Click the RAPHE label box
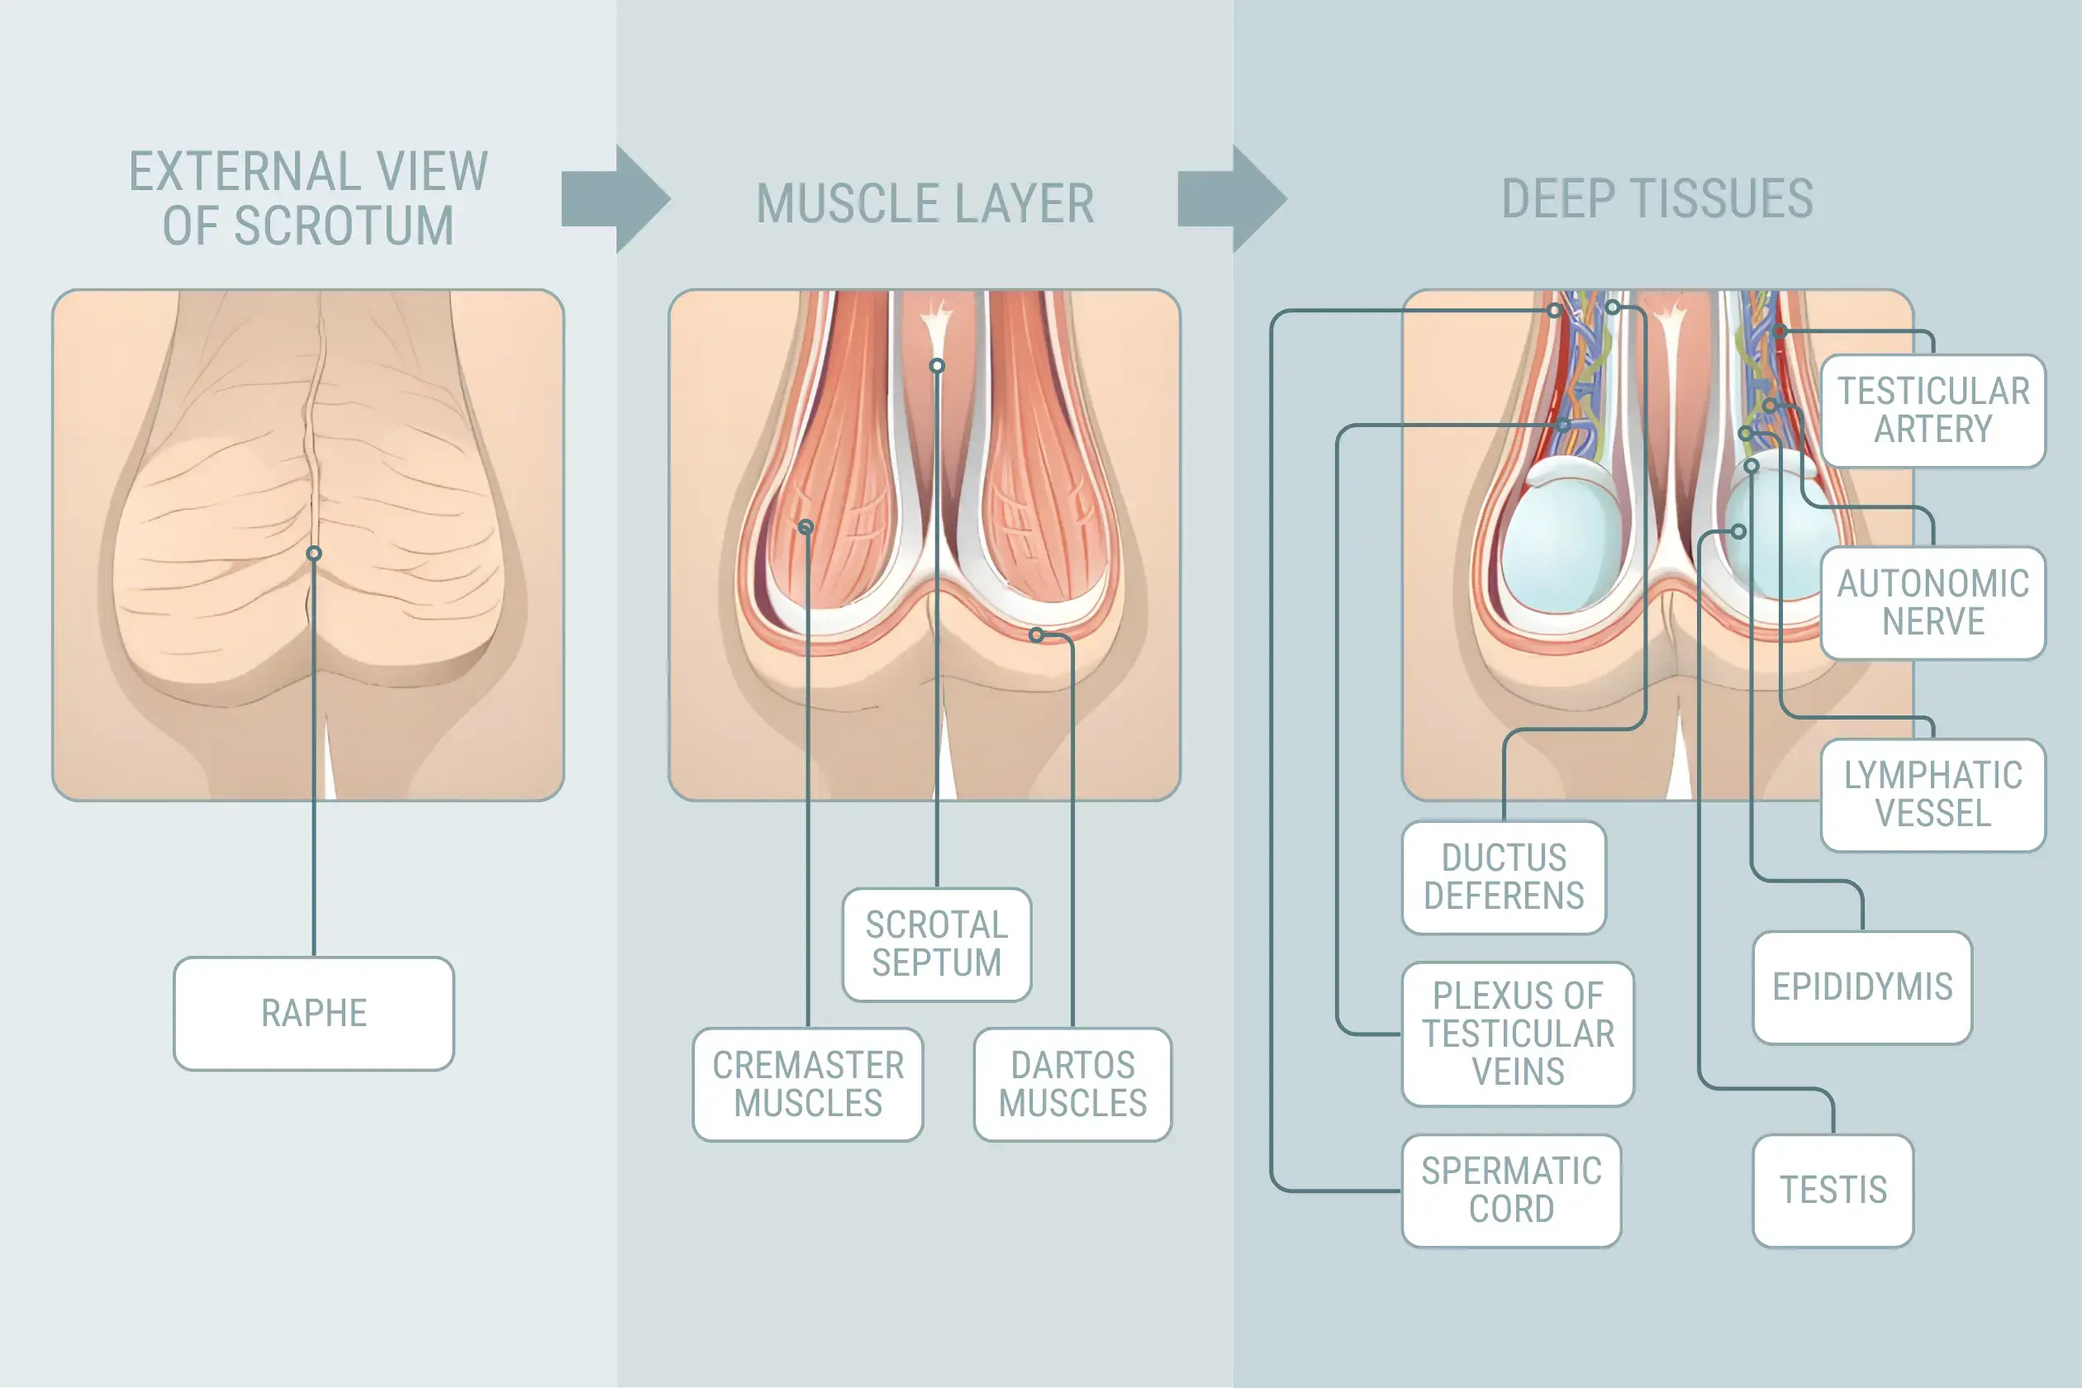pyautogui.click(x=313, y=1014)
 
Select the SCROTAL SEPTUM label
pyautogui.click(x=937, y=944)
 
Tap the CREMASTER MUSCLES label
pyautogui.click(x=807, y=1084)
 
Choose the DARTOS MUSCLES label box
pyautogui.click(x=1072, y=1084)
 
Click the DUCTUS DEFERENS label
pyautogui.click(x=1503, y=877)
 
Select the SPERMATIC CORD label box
pyautogui.click(x=1511, y=1191)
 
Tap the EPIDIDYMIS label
pyautogui.click(x=1861, y=987)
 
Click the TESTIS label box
pyautogui.click(x=1832, y=1191)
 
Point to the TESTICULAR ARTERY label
pyautogui.click(x=1932, y=411)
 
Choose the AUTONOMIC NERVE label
pyautogui.click(x=1932, y=603)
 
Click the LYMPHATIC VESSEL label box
pyautogui.click(x=1932, y=795)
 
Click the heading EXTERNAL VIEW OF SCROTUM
pyautogui.click(x=308, y=198)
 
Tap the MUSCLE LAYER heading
pyautogui.click(x=925, y=203)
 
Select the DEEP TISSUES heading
pyautogui.click(x=1657, y=198)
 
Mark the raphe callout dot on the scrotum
pyautogui.click(x=313, y=554)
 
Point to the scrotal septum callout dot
pyautogui.click(x=937, y=365)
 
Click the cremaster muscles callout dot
pyautogui.click(x=806, y=528)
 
